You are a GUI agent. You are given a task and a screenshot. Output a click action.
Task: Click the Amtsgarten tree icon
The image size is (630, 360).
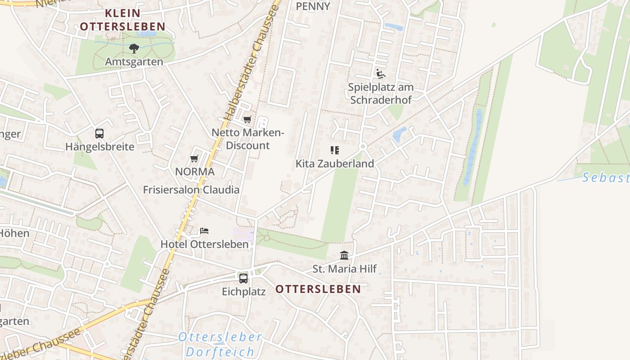[134, 48]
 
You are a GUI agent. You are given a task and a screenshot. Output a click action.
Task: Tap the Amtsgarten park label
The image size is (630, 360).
[134, 62]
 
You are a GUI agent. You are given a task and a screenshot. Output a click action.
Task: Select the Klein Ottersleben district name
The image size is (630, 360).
[122, 20]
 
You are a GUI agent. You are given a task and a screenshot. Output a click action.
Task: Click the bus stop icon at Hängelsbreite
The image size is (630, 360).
[99, 134]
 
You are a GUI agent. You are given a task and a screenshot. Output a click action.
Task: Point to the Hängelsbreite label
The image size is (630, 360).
[99, 147]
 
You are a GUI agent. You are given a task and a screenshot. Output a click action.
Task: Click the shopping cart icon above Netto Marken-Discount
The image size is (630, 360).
[247, 119]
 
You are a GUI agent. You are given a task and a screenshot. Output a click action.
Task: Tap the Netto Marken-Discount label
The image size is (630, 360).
[248, 139]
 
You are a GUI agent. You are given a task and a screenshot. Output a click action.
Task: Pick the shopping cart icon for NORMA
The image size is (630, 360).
[194, 158]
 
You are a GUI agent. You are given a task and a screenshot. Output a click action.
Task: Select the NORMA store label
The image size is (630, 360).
[195, 171]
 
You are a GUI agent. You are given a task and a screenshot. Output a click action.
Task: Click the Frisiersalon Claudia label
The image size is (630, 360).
[191, 189]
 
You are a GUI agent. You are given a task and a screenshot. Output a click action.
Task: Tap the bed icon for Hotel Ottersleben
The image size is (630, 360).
[204, 231]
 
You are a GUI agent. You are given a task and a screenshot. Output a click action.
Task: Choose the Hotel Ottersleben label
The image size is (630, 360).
[205, 244]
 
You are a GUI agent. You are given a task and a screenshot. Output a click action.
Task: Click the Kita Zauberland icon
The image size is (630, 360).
[334, 150]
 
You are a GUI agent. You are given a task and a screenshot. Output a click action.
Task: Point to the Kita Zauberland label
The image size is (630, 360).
[335, 164]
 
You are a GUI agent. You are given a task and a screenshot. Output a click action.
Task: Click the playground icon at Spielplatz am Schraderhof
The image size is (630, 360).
[381, 73]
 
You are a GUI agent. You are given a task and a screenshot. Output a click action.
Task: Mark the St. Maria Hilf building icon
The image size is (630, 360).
[344, 256]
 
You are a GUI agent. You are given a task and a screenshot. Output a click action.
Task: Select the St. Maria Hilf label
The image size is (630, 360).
[345, 269]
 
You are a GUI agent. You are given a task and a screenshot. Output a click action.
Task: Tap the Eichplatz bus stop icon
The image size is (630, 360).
[243, 278]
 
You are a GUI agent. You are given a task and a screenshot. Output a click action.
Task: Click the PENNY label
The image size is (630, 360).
[313, 6]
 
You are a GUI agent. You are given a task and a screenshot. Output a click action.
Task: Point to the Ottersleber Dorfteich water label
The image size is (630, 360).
[220, 344]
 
